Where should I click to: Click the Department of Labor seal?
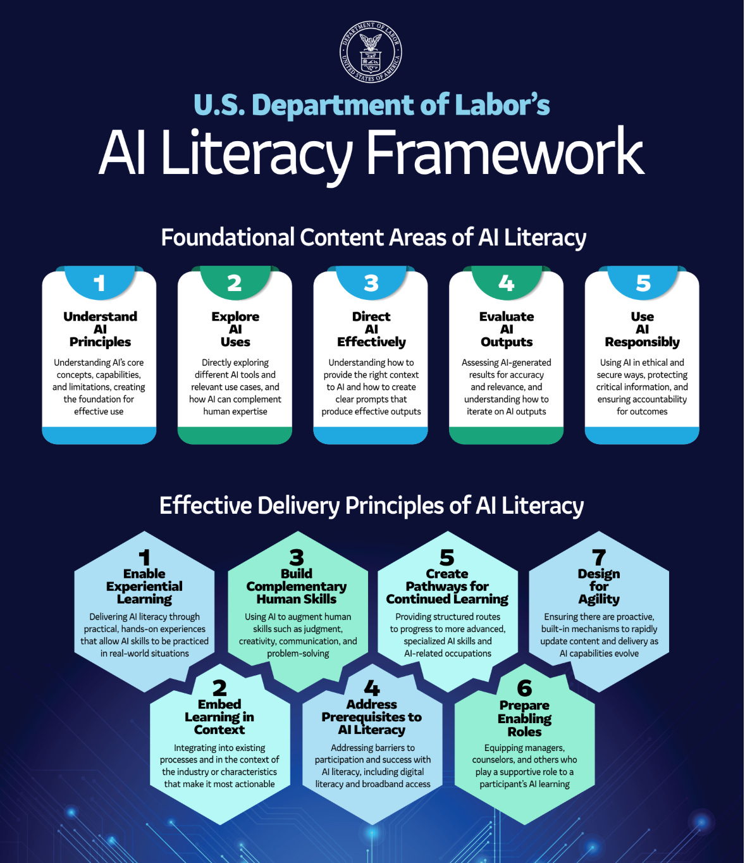[x=371, y=52]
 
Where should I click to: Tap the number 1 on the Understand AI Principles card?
[x=99, y=283]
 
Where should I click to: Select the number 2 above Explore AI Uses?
[x=235, y=283]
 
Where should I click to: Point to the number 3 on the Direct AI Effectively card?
[x=371, y=283]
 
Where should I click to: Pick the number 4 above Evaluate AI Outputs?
[x=507, y=283]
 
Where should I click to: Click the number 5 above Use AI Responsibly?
[x=643, y=283]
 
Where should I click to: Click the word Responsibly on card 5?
[x=642, y=342]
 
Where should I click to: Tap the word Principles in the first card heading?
[x=100, y=342]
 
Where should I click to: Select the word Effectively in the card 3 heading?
[x=371, y=342]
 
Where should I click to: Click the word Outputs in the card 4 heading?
[x=507, y=342]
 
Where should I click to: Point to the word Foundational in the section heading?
[x=228, y=238]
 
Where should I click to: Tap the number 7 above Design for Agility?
[x=599, y=557]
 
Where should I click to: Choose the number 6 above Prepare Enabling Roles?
[x=524, y=688]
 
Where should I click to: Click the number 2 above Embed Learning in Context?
[x=219, y=688]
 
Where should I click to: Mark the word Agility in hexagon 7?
[x=599, y=599]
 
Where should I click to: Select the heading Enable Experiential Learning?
[x=144, y=587]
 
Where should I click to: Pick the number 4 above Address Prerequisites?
[x=372, y=688]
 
